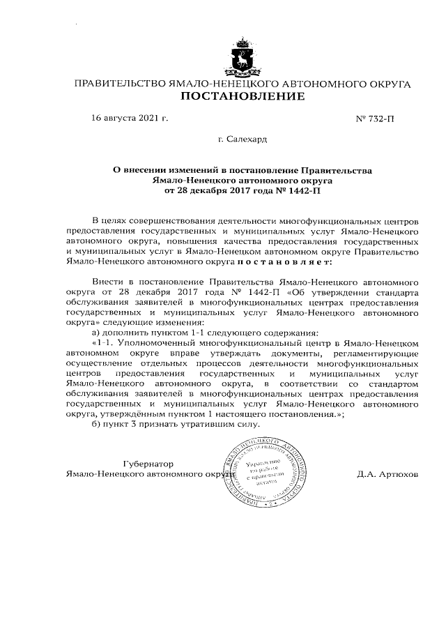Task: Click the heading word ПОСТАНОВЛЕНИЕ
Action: click(x=243, y=97)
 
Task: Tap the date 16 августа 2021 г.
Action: click(x=129, y=119)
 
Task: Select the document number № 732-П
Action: click(x=376, y=119)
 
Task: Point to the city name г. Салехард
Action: click(x=242, y=139)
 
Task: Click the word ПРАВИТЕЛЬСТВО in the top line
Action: click(x=118, y=84)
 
